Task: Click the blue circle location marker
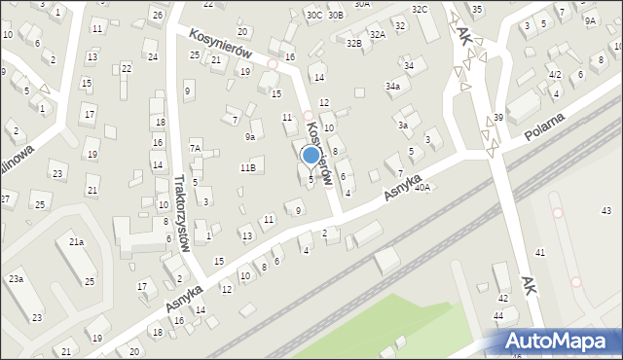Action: tap(311, 155)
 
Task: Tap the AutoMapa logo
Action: tap(559, 341)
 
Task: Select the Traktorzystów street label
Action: tap(179, 213)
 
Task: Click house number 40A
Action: tap(421, 187)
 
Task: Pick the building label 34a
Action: tap(392, 87)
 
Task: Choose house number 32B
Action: tap(354, 43)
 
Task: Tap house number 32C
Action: tap(420, 9)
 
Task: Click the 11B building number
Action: tap(248, 168)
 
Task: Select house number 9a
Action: tap(250, 137)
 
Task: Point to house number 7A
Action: tap(195, 148)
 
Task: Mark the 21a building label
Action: tap(76, 241)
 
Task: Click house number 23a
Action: tap(16, 279)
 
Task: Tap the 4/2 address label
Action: tap(554, 74)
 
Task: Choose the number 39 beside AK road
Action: tap(498, 118)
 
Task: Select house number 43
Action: tap(606, 211)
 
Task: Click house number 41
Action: tap(540, 253)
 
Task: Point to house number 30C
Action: tap(313, 15)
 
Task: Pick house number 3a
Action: tap(402, 125)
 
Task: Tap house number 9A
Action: tap(590, 20)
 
